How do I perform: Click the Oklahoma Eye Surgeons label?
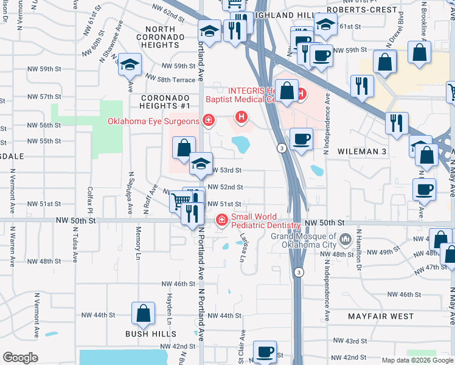click(153, 121)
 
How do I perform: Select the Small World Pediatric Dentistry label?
click(266, 221)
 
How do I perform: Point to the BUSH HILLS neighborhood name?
click(151, 334)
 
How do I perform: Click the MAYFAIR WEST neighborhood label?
click(381, 317)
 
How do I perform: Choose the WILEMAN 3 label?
click(362, 151)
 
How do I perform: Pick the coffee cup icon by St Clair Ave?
click(264, 352)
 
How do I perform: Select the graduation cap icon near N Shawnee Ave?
click(130, 64)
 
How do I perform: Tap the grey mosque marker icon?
click(346, 238)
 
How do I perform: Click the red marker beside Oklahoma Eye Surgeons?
click(209, 120)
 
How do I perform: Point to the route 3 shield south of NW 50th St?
click(298, 272)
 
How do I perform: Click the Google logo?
click(21, 358)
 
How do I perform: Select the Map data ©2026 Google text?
click(417, 360)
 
